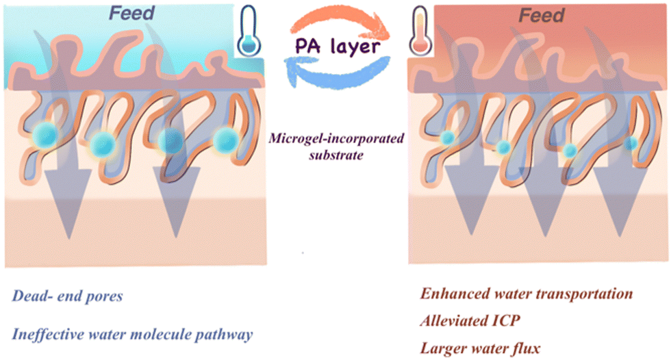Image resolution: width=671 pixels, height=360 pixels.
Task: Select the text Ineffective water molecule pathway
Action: point(131,334)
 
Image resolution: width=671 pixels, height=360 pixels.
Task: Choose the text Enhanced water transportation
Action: point(526,295)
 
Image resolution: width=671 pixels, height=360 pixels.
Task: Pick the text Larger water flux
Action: point(481,348)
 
